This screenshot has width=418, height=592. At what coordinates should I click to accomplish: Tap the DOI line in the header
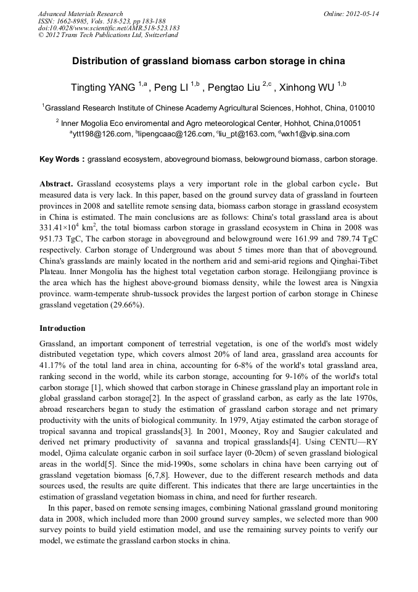(109, 28)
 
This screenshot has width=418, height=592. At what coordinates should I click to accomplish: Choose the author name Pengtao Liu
(234, 87)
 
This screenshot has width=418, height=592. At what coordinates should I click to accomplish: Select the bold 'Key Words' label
(60, 159)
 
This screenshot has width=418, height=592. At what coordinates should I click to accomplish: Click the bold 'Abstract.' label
(57, 185)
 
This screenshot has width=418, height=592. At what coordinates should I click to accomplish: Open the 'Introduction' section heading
(62, 328)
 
